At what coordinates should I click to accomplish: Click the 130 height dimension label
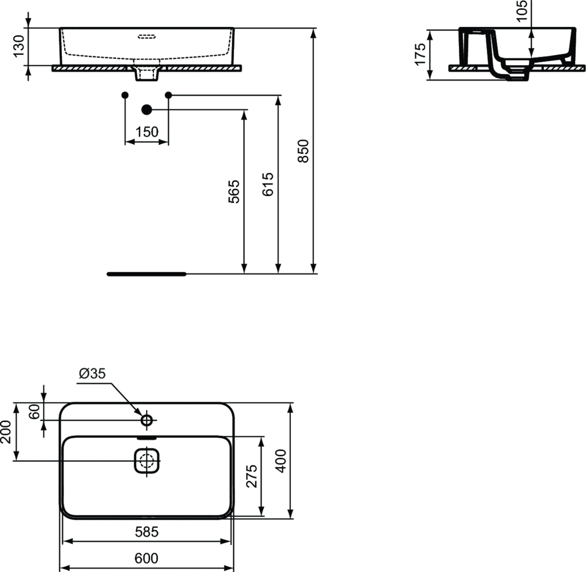coord(18,46)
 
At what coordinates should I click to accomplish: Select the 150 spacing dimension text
coord(146,132)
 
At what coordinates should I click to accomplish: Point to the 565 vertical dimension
coord(233,192)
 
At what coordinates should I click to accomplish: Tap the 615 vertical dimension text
coord(267,184)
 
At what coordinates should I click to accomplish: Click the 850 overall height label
coord(303,150)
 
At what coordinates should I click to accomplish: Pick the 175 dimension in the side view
coord(421,54)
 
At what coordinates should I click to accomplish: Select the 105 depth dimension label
coord(521,10)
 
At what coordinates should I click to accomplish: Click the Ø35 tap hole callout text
coord(92,374)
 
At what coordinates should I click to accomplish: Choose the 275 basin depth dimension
coord(251,476)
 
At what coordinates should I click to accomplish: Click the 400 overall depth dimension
coord(280,460)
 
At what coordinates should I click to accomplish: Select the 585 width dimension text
coord(146,532)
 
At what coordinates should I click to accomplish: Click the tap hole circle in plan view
coord(146,420)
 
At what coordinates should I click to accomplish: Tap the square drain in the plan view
coord(146,460)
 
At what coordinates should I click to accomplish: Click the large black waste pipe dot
coord(146,109)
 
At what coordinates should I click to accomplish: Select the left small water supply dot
coord(125,94)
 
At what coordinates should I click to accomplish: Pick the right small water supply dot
coord(168,94)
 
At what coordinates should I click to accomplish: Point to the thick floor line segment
coord(146,274)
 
